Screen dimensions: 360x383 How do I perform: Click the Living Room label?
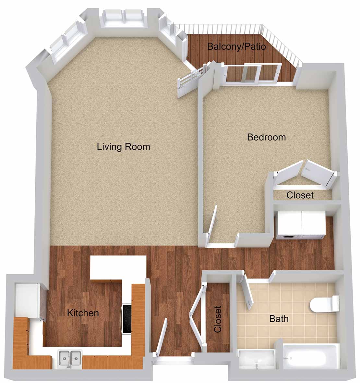(x=123, y=147)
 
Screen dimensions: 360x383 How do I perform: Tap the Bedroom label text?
(x=266, y=137)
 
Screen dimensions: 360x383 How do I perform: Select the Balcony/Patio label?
(x=236, y=46)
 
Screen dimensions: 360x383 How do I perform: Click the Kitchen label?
(x=83, y=313)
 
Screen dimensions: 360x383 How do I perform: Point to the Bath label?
(x=279, y=319)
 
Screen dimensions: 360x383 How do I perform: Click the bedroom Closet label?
(x=300, y=195)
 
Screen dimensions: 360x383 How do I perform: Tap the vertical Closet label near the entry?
(x=218, y=319)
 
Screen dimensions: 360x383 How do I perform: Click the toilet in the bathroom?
(x=325, y=303)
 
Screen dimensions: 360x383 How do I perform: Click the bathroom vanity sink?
(x=257, y=359)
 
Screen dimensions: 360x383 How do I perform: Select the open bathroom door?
(x=247, y=292)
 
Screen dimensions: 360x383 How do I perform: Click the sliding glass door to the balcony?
(x=252, y=73)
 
